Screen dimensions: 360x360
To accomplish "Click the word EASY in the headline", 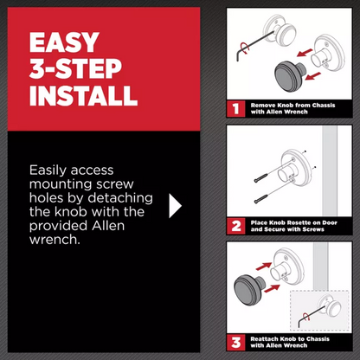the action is click(64, 42).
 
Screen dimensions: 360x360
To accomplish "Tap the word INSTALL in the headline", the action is click(83, 95).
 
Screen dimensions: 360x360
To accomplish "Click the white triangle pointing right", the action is click(175, 206).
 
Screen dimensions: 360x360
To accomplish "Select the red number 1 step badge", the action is click(236, 109).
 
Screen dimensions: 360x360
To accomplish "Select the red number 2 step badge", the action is click(236, 226).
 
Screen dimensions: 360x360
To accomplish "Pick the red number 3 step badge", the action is click(236, 343).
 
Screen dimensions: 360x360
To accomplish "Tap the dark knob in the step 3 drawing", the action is click(249, 291).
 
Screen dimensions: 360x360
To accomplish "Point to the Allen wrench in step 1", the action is click(254, 46).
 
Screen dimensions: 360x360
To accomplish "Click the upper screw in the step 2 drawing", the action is click(261, 178).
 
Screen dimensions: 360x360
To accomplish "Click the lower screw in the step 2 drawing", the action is click(261, 199).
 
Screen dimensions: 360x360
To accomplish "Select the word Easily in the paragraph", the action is click(48, 170).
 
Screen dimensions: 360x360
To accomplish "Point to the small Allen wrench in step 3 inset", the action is click(312, 317).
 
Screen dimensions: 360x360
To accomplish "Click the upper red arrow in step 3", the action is click(264, 267).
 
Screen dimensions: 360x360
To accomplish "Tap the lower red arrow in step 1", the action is click(312, 76).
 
